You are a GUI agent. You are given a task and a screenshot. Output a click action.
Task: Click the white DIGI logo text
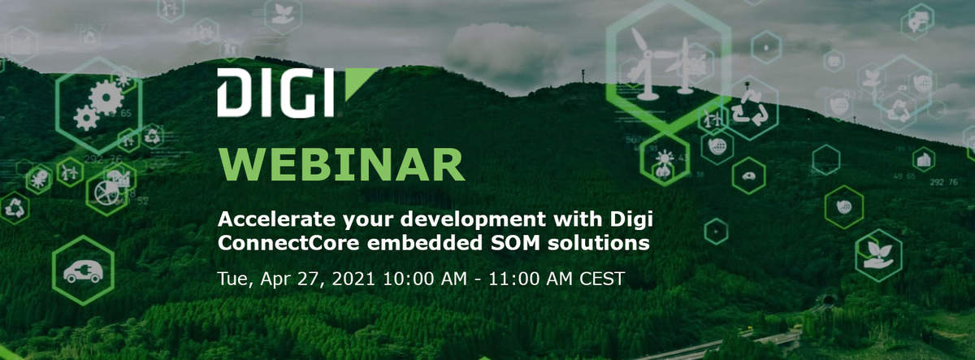275,93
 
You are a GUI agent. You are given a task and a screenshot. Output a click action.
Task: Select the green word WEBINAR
342,164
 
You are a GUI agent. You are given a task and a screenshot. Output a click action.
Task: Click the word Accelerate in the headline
277,219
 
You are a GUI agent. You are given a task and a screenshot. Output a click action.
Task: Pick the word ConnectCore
288,243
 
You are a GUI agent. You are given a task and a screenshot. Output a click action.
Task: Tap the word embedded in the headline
425,243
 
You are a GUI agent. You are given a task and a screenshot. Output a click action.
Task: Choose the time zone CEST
602,279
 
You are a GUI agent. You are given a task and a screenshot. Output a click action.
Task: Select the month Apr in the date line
275,280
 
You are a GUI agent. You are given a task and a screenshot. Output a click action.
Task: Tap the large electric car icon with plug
83,271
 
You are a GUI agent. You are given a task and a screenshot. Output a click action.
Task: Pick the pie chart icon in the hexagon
106,193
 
